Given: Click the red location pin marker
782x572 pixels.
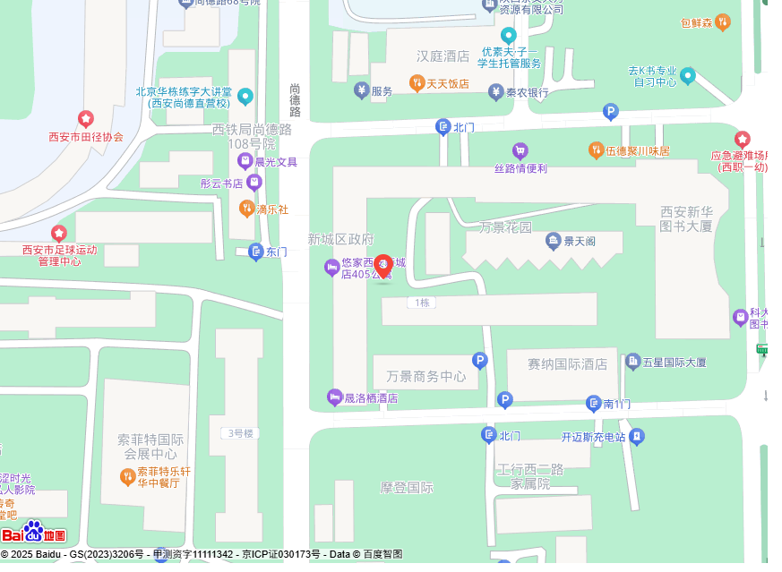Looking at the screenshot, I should click(x=383, y=266).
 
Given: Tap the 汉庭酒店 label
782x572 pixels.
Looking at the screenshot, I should click(x=443, y=56).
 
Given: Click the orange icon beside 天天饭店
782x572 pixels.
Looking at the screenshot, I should click(x=417, y=83).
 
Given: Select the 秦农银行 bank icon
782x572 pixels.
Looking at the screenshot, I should click(x=496, y=91).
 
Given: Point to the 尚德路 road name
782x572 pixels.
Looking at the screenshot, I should click(x=295, y=100).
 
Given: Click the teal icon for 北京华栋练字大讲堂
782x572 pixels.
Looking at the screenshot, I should click(x=245, y=97).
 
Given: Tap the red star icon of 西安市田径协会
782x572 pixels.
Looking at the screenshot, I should click(x=86, y=119).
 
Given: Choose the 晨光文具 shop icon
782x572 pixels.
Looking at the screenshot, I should click(x=245, y=161).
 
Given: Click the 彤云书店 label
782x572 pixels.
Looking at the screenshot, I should click(x=221, y=184).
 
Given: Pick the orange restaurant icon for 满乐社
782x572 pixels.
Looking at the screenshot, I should click(x=246, y=209).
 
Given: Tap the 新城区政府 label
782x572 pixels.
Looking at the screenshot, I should click(x=340, y=239).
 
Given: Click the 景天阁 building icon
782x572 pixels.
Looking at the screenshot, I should click(x=554, y=240).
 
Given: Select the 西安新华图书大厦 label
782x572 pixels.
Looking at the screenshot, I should click(x=686, y=218).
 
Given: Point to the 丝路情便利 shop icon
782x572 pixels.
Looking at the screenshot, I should click(x=520, y=150).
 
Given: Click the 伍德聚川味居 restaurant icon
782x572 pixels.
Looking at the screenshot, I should click(x=596, y=150).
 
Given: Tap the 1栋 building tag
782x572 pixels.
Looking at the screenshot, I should click(x=422, y=303).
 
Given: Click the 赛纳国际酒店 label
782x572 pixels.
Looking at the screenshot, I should click(x=567, y=364).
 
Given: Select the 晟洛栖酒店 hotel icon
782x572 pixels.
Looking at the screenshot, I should click(x=335, y=397).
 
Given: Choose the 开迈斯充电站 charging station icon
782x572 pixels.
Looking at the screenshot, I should click(x=635, y=437).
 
